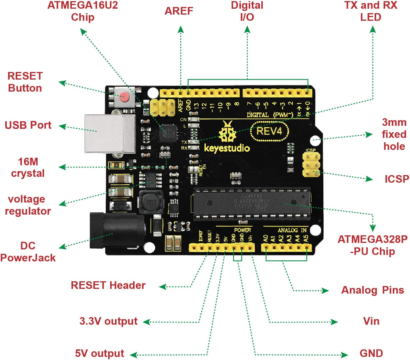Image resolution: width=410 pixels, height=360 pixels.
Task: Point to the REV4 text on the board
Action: (x=269, y=131)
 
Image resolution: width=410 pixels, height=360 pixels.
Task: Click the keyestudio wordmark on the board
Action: (x=227, y=148)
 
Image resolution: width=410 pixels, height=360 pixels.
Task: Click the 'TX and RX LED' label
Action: (x=370, y=11)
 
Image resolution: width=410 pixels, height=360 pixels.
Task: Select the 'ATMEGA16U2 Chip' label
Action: (x=83, y=11)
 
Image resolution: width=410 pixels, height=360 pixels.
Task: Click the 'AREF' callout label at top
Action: (x=179, y=11)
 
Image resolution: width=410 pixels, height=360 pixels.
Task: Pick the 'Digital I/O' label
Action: (x=247, y=11)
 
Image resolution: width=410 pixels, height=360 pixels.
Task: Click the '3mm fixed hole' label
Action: (x=394, y=134)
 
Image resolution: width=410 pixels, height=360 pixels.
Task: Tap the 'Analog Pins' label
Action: (x=372, y=290)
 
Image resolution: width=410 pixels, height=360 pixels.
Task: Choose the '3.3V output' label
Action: (x=109, y=321)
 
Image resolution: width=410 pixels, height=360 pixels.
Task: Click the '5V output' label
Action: (x=100, y=353)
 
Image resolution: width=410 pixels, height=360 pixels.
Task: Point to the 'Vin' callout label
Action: (x=371, y=321)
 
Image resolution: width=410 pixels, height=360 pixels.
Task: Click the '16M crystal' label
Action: (x=28, y=167)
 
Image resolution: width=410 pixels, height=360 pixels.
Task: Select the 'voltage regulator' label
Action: (x=28, y=205)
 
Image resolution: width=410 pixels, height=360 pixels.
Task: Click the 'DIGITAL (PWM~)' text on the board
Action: (x=270, y=115)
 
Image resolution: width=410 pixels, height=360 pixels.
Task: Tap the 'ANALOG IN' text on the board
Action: (x=292, y=230)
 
